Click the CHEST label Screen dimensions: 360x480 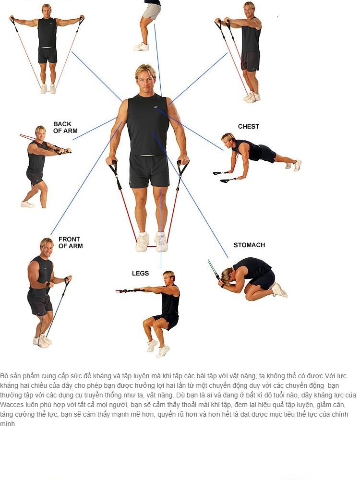point(248,126)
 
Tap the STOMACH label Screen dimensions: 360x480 point(249,245)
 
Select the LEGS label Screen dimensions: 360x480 point(140,274)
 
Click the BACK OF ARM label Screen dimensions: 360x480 point(65,127)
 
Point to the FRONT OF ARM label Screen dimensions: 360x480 point(71,242)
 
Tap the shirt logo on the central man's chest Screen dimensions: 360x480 point(156,107)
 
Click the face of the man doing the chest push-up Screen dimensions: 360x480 point(228,143)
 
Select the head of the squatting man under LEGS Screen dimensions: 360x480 point(169,277)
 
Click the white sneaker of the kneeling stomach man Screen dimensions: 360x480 point(278,290)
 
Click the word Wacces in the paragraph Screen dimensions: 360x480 point(12,405)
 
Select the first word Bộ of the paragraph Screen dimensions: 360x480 point(4,376)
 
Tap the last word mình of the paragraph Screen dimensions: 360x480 point(7,424)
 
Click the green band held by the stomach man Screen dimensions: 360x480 point(213,268)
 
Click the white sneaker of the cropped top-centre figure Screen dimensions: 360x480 point(142,47)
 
